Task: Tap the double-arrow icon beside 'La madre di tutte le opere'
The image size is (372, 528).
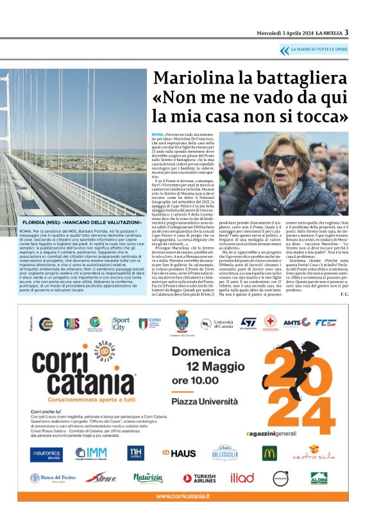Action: coord(284,50)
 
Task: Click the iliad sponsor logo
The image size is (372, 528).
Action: coord(242,478)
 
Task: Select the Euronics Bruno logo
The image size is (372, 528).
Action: coord(46,454)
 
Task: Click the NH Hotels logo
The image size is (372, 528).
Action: coord(135,454)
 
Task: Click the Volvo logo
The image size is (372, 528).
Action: coord(280,478)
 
